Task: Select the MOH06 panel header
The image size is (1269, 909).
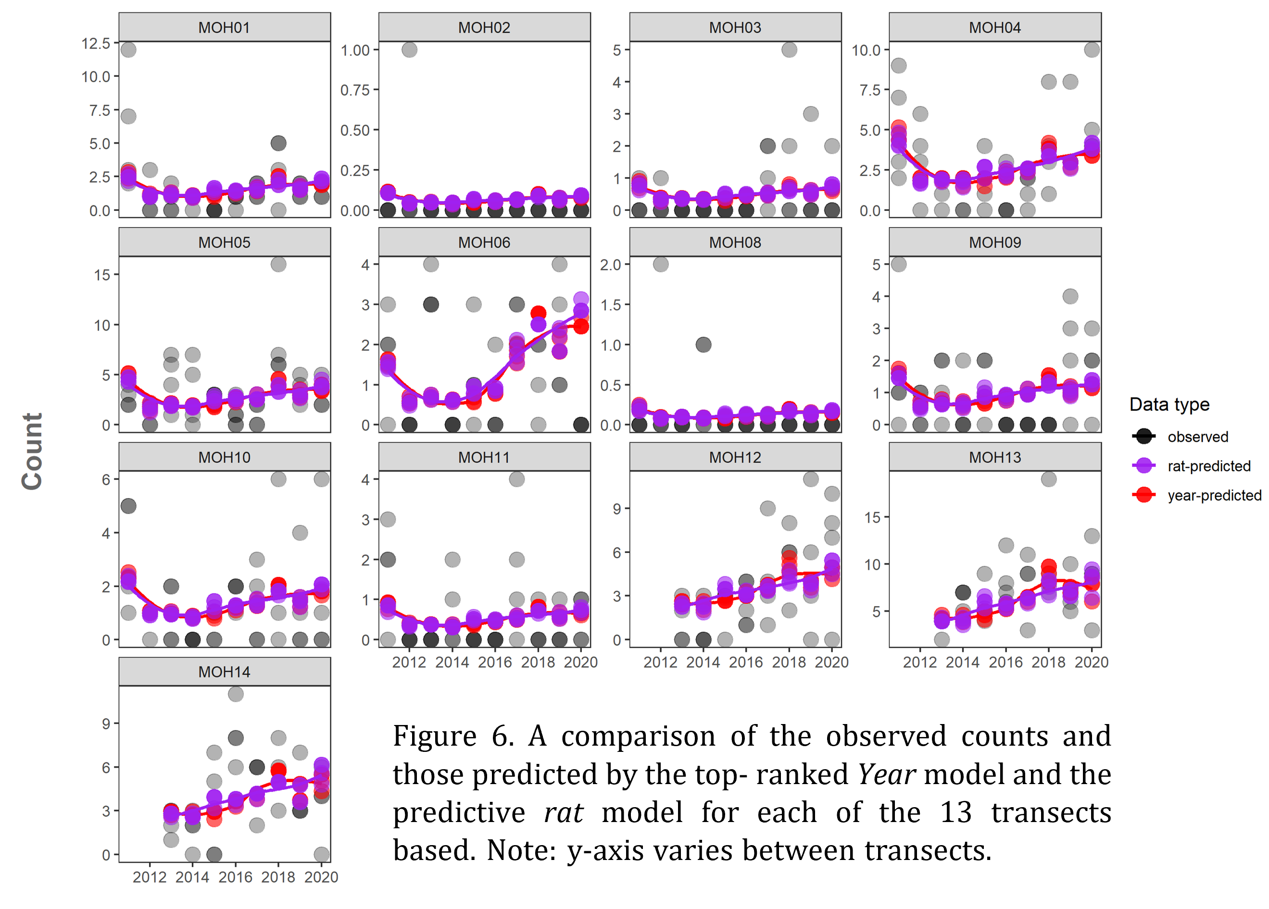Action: [484, 242]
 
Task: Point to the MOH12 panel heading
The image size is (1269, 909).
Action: [735, 457]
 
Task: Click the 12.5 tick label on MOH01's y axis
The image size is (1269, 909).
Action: [96, 43]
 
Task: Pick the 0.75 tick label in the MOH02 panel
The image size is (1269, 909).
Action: [355, 90]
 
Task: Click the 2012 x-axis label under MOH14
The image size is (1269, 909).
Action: [150, 877]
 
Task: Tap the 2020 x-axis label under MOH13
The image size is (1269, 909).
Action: [1091, 662]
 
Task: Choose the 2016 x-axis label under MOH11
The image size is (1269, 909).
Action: [495, 662]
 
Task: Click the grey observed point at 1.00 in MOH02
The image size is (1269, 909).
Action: [409, 50]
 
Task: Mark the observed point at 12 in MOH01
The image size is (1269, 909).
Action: [128, 50]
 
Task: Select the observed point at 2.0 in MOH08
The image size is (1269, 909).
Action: [660, 264]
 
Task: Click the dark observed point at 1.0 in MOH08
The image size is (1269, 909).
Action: [704, 344]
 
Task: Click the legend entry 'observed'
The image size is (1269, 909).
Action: [1197, 437]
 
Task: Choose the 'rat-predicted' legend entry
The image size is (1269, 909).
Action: [1208, 466]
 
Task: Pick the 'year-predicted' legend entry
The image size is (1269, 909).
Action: [1214, 495]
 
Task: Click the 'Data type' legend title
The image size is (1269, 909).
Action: [1169, 404]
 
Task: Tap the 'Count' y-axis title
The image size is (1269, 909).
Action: [32, 452]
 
